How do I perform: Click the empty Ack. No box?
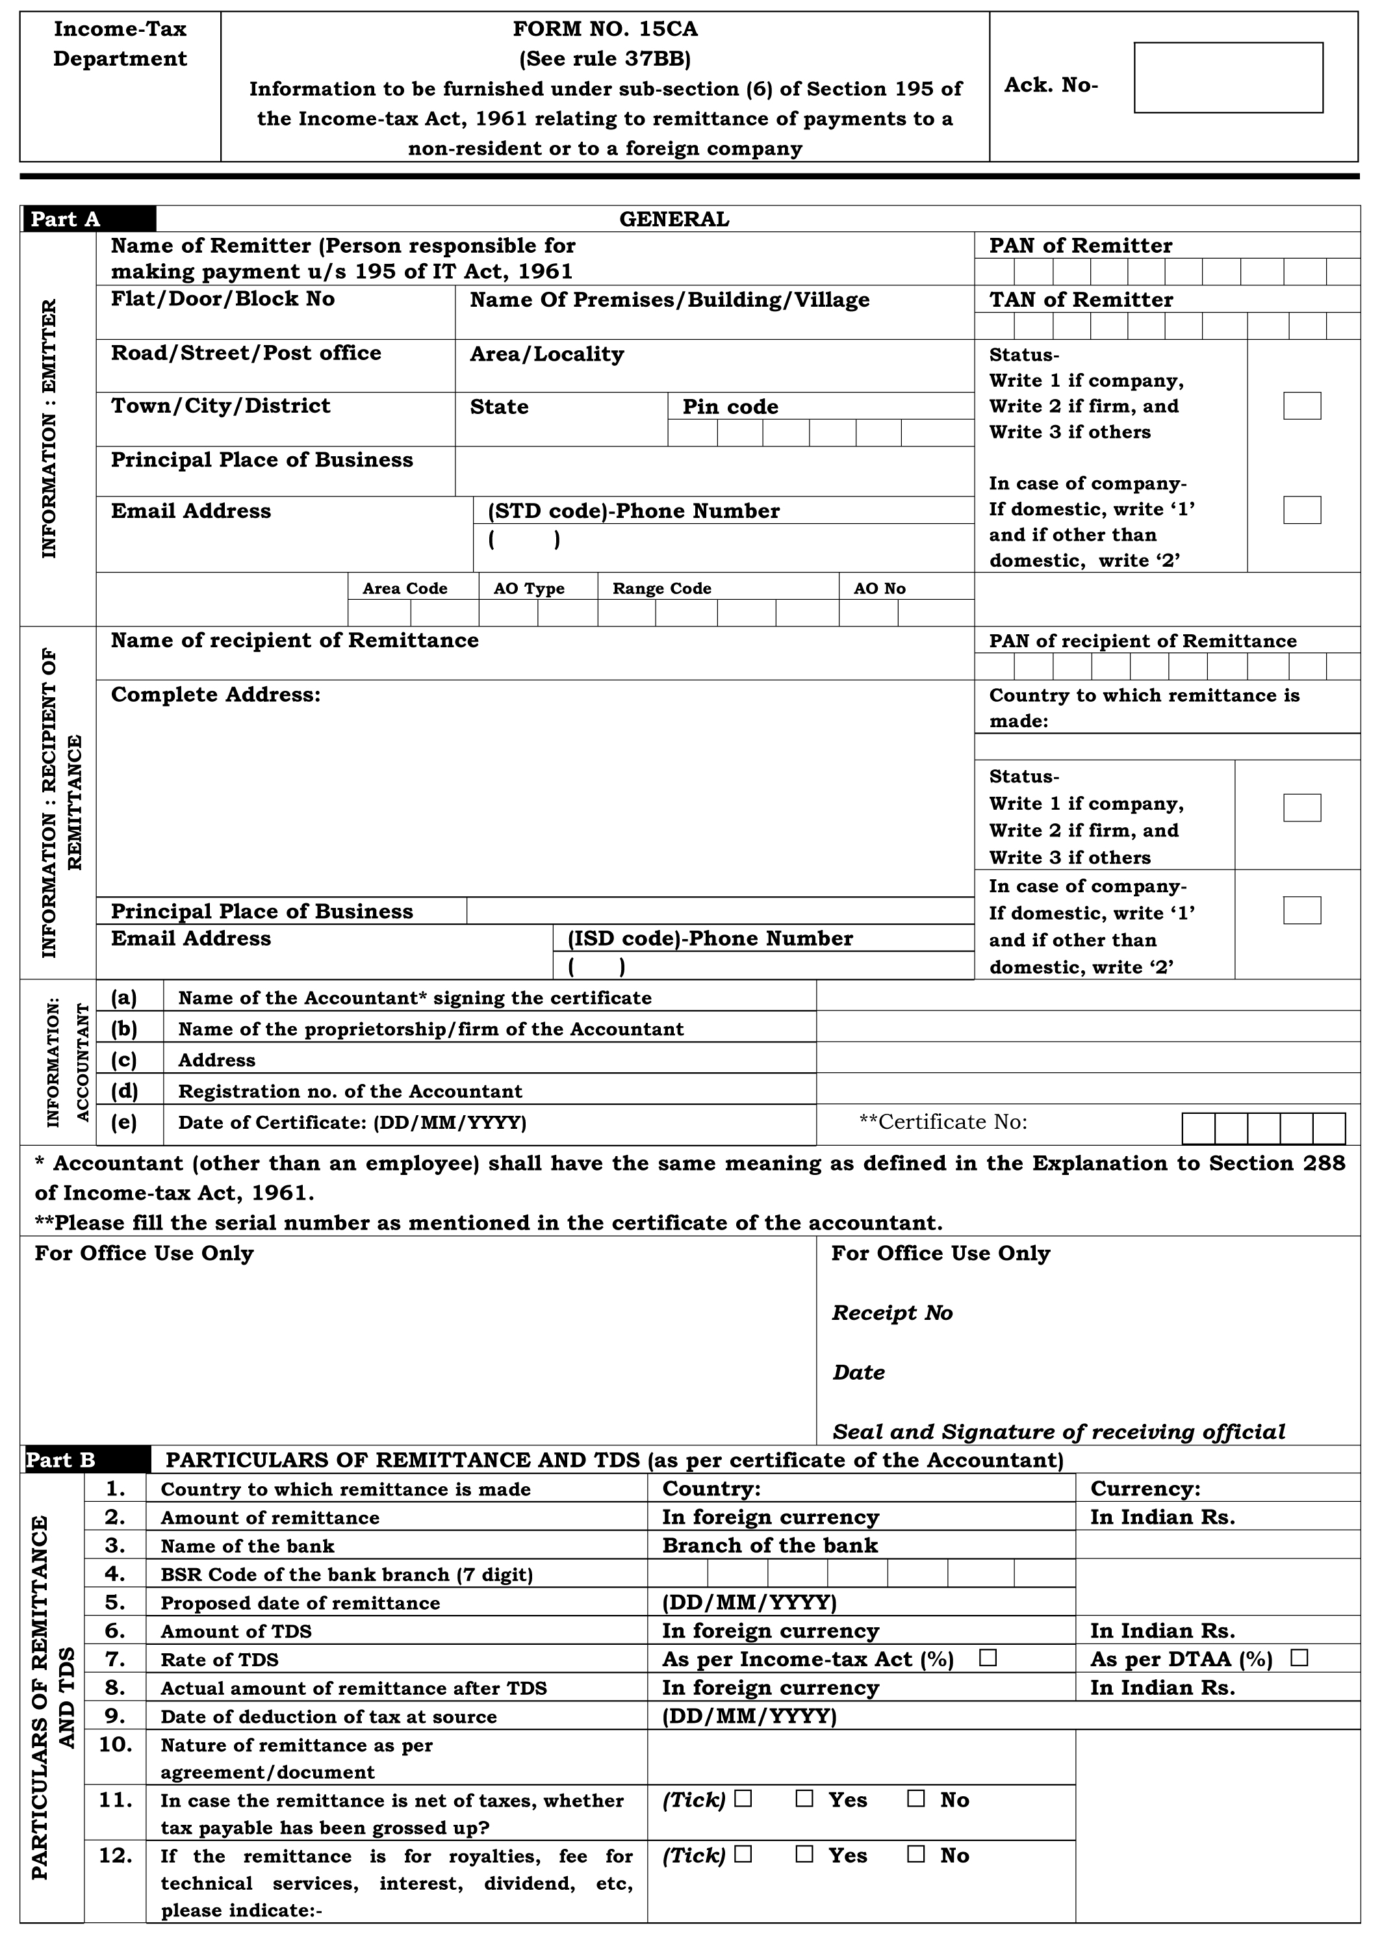1228,77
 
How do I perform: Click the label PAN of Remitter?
1081,246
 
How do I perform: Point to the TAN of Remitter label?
1081,300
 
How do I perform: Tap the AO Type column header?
529,588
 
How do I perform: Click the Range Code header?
661,588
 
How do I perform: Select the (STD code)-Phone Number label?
634,511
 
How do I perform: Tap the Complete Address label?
216,694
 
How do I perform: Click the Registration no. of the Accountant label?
350,1092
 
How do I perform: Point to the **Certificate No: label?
943,1122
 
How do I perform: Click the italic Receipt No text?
892,1312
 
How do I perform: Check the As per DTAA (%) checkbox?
1299,1658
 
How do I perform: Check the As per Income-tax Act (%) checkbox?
988,1658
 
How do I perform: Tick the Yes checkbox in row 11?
804,1799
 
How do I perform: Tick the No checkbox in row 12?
915,1855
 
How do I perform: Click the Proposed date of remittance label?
300,1603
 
